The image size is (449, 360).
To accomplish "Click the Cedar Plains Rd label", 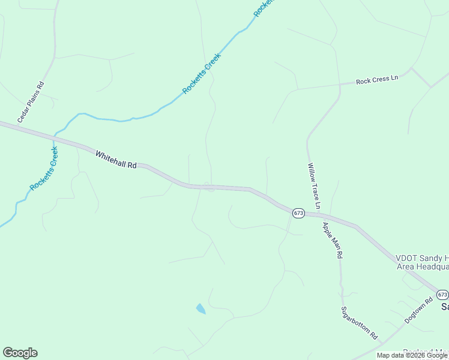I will click(x=31, y=102).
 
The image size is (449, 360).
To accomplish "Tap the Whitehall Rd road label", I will click(x=116, y=160).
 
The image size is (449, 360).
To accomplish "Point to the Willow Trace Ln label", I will click(x=315, y=186).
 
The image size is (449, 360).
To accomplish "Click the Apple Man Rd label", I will click(x=332, y=240).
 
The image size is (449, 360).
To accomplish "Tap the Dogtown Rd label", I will click(x=418, y=311).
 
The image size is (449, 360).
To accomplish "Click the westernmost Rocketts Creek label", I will click(x=43, y=169).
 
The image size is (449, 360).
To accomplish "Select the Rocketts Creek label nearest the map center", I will click(x=202, y=74).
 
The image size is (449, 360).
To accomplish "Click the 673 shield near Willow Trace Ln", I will click(x=299, y=213).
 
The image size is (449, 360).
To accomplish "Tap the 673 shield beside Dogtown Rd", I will click(x=442, y=295).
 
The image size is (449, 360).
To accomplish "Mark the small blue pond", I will click(x=200, y=309).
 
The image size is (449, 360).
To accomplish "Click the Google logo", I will click(x=20, y=353).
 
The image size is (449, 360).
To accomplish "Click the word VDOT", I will click(x=406, y=258).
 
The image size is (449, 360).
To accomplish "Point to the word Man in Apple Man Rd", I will click(x=333, y=241).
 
